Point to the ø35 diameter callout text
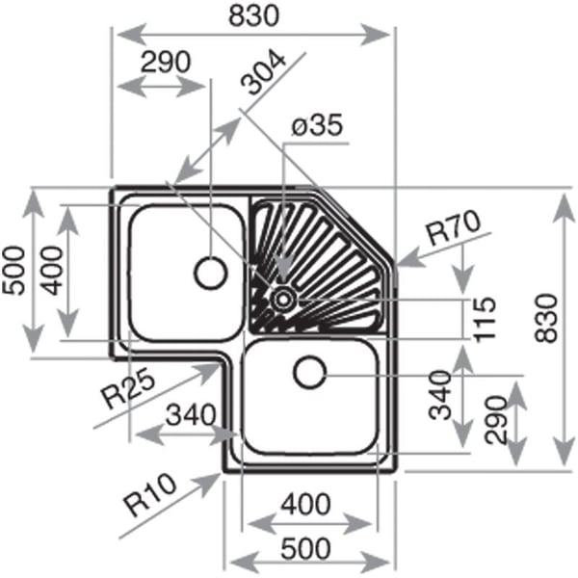[318, 128]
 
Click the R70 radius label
[453, 230]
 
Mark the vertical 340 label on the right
[439, 395]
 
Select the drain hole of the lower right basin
[310, 371]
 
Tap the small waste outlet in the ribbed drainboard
[283, 299]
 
